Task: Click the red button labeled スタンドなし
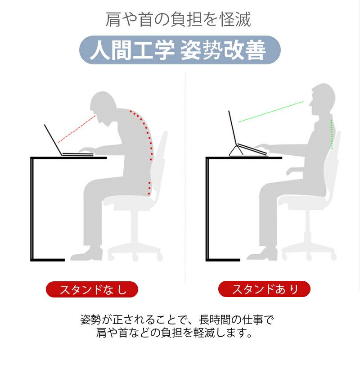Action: [92, 289]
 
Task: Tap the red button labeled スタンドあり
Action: [264, 289]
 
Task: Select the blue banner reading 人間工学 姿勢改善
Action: [180, 50]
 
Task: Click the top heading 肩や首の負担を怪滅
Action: [179, 19]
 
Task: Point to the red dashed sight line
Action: [77, 129]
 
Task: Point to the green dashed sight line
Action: [271, 112]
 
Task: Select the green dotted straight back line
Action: [331, 134]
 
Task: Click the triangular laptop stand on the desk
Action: [236, 151]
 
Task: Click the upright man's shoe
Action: [262, 254]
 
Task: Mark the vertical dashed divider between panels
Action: [185, 177]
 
